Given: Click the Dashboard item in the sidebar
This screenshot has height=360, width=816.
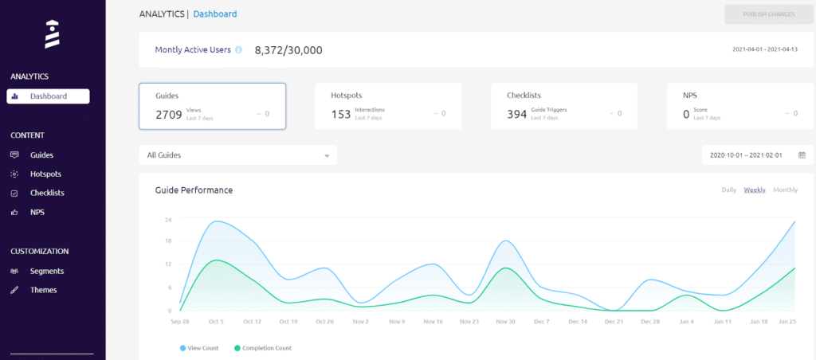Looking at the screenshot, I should (x=48, y=96).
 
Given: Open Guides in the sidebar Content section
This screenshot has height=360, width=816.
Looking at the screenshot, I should (x=41, y=155).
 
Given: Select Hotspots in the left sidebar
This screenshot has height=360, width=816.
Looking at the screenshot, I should (x=45, y=174).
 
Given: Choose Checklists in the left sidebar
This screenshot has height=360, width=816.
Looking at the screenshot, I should (x=47, y=194).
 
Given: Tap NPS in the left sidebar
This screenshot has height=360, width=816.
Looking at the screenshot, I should (x=37, y=213).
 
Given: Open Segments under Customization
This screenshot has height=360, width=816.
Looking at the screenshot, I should (x=46, y=271).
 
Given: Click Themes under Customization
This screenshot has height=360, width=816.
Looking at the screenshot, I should (x=43, y=290).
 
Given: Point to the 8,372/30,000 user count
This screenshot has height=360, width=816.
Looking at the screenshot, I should (x=288, y=49).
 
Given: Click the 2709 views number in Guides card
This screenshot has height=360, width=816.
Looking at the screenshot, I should (x=169, y=114).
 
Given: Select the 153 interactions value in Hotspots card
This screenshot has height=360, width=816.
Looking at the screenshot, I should (x=341, y=114).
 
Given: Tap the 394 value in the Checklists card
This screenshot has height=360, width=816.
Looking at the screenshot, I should (x=517, y=114).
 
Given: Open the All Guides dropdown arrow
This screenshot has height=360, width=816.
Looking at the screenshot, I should (x=327, y=156).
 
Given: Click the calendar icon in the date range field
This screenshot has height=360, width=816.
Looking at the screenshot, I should (x=802, y=155).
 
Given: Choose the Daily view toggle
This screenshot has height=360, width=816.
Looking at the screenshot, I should (x=728, y=190).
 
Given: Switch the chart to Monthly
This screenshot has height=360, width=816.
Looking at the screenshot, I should (x=785, y=190).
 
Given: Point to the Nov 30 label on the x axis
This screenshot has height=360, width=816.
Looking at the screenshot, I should (x=505, y=322).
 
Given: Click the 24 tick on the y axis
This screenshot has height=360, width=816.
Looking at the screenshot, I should (x=169, y=220).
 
